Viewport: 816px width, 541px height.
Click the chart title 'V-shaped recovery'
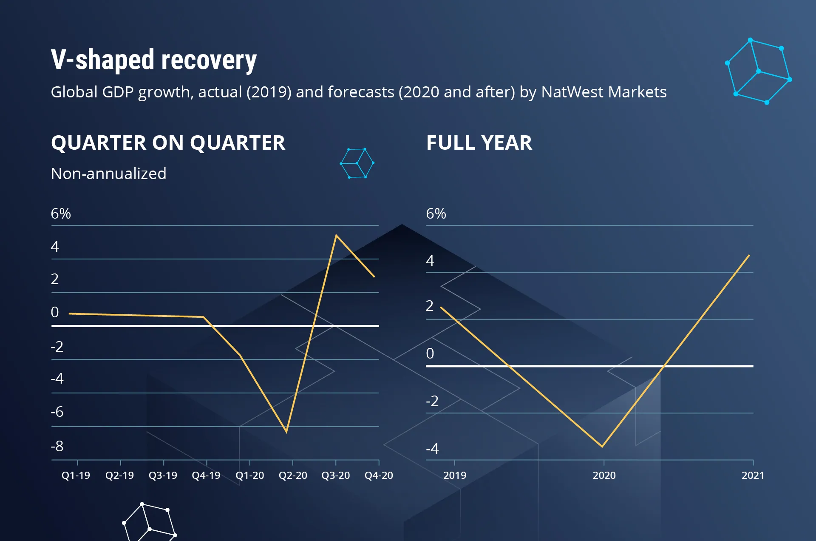pos(153,60)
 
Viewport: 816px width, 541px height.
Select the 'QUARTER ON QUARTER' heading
pos(168,142)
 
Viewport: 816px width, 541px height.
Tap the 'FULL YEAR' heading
pos(479,142)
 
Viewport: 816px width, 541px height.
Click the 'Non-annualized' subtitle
pos(108,174)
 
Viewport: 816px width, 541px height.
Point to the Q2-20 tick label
pos(293,475)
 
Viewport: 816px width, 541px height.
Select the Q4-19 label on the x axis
pos(206,475)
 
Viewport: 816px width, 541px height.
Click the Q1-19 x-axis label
pos(76,475)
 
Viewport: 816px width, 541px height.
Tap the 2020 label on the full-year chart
pos(604,475)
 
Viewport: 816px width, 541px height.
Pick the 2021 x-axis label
pos(753,475)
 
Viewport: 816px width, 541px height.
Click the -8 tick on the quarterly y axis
pos(57,446)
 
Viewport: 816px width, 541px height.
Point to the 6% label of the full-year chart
pos(436,214)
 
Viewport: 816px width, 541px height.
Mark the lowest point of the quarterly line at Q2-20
pos(286,432)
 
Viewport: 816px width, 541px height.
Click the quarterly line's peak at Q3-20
pos(336,235)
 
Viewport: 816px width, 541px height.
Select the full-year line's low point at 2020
pos(602,446)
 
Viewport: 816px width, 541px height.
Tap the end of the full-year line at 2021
pos(749,255)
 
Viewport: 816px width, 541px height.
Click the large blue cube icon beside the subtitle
pos(758,71)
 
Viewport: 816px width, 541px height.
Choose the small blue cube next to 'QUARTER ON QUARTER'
pos(357,163)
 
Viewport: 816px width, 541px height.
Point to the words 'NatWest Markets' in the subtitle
pos(603,92)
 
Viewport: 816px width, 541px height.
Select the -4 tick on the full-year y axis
pos(432,448)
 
